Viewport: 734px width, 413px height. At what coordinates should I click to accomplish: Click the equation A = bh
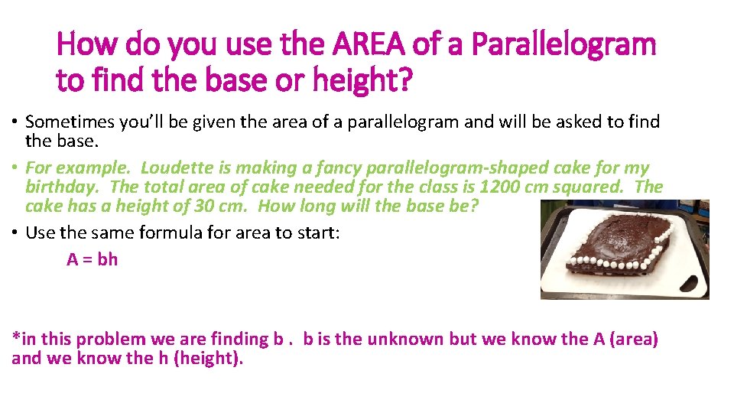click(93, 259)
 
